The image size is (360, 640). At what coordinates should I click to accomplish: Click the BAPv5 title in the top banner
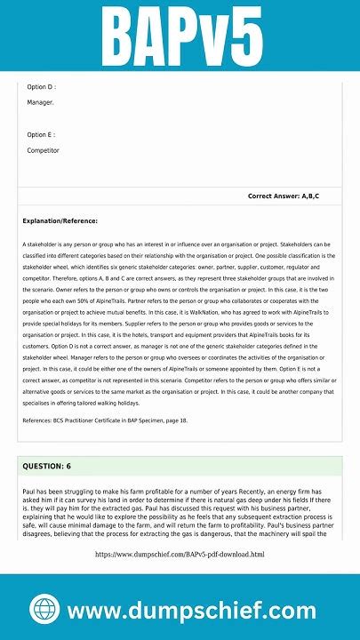tap(180, 35)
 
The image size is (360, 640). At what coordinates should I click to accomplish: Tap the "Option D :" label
tap(42, 87)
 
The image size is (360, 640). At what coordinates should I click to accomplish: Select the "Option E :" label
tap(42, 135)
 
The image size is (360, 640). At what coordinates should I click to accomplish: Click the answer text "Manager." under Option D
tap(40, 103)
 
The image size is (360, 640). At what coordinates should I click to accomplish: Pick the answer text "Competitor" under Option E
tap(44, 151)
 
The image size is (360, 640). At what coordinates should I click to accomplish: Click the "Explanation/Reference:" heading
tap(60, 220)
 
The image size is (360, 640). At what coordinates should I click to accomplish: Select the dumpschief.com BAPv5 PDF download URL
tap(180, 555)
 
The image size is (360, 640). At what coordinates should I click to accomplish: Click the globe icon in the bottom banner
tap(44, 610)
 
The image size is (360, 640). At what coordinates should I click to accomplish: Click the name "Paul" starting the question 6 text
tap(30, 491)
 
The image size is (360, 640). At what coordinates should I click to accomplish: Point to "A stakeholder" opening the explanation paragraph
tap(42, 244)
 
